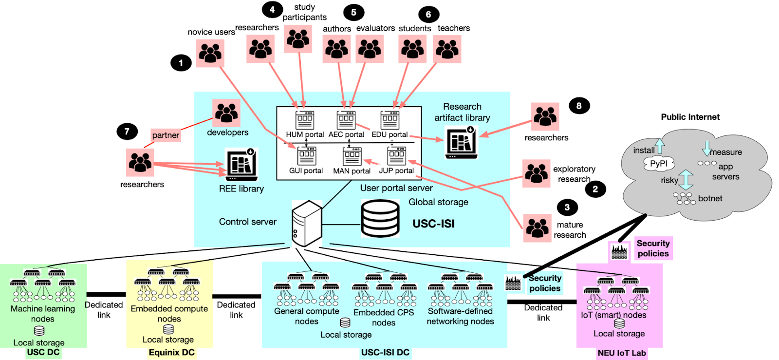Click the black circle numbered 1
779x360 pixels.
click(x=181, y=63)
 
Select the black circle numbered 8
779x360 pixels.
click(x=579, y=106)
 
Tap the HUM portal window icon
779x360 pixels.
click(x=305, y=120)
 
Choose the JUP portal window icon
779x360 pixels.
click(x=396, y=156)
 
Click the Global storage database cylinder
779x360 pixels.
click(x=380, y=219)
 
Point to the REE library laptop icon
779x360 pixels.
click(x=241, y=165)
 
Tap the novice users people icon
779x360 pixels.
click(x=210, y=53)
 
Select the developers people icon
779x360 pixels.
click(x=226, y=113)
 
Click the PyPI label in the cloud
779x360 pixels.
click(x=659, y=164)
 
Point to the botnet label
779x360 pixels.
click(x=710, y=198)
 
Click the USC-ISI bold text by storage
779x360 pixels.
click(x=433, y=224)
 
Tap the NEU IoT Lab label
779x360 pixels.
click(x=622, y=353)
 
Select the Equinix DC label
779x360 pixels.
click(x=171, y=352)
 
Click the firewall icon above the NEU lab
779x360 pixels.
click(x=619, y=251)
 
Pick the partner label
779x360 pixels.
click(x=166, y=135)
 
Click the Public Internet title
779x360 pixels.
click(x=690, y=117)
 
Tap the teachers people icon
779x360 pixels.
click(x=447, y=49)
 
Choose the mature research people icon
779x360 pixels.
click(x=537, y=228)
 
